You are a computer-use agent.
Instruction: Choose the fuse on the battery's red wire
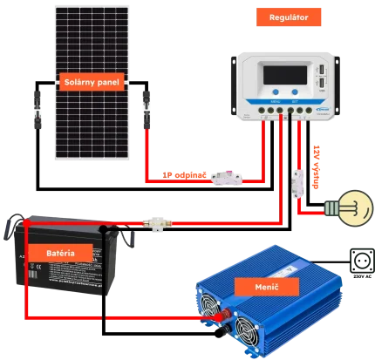157,224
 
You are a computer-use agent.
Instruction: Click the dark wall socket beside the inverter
361,260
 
